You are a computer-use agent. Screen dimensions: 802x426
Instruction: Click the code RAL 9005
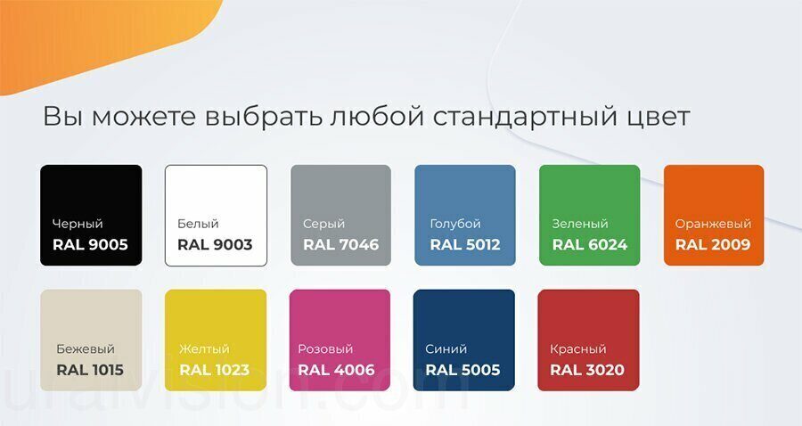click(90, 244)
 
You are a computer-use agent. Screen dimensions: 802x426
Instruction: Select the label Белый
click(198, 224)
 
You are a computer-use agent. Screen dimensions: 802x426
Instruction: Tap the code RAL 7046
click(340, 244)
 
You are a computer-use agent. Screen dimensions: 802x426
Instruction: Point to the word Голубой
click(455, 224)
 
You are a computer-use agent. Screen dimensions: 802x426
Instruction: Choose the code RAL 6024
click(590, 244)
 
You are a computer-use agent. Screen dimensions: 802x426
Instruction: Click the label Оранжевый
click(713, 224)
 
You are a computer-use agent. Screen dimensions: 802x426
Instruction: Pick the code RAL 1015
click(90, 370)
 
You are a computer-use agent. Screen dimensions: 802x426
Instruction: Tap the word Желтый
click(204, 348)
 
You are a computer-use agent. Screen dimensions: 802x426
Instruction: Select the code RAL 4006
click(336, 370)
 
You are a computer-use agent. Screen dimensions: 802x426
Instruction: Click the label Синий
click(446, 348)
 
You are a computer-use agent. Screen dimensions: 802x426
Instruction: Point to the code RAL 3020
click(587, 370)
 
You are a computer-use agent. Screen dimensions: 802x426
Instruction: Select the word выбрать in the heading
click(264, 116)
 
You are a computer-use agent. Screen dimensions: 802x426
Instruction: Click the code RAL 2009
click(713, 244)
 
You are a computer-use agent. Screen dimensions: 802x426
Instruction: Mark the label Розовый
click(325, 349)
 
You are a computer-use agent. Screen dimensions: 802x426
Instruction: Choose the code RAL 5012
click(465, 244)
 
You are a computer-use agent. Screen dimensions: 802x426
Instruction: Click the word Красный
click(578, 349)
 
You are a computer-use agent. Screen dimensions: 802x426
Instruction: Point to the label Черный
click(78, 224)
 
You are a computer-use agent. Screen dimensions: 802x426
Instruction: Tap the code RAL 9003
click(215, 244)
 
